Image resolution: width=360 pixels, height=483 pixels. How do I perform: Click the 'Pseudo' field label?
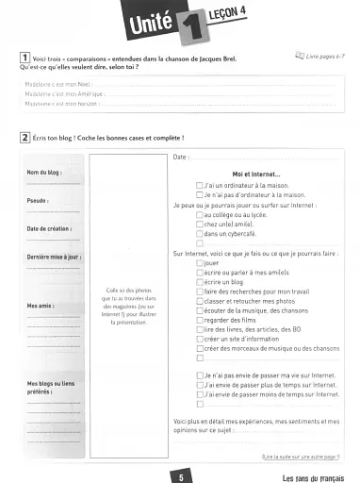pos(38,201)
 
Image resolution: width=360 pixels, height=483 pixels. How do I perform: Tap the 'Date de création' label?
pos(49,228)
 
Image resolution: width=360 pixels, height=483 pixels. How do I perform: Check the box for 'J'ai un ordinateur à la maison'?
pos(199,186)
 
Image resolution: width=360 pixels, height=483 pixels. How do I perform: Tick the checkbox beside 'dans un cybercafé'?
pos(199,232)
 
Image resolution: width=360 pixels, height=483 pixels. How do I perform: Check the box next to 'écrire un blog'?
pos(199,283)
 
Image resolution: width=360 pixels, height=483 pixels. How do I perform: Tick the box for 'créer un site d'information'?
pos(199,339)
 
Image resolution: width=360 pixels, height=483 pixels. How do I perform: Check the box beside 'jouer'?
pos(199,263)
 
